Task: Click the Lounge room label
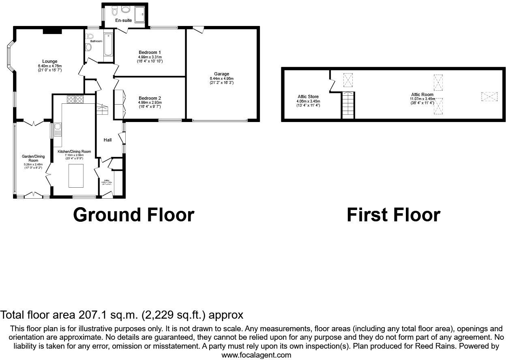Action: coord(50,62)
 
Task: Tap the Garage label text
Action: coord(222,74)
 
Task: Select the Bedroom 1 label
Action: coord(150,52)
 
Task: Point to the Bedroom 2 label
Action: coord(150,98)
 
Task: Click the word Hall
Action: coord(108,140)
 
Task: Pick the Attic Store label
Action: coord(308,96)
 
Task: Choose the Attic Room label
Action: coord(422,94)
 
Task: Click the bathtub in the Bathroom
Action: coord(109,44)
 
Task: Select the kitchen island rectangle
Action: coord(76,176)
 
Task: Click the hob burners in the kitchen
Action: coord(75,99)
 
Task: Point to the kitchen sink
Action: coord(58,130)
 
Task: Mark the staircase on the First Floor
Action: coord(348,105)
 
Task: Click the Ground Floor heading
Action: coord(133,215)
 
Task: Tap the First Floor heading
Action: coord(393,215)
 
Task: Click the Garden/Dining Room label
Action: coord(33,158)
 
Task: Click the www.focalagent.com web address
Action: coord(256,355)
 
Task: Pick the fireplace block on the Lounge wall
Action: coord(52,30)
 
